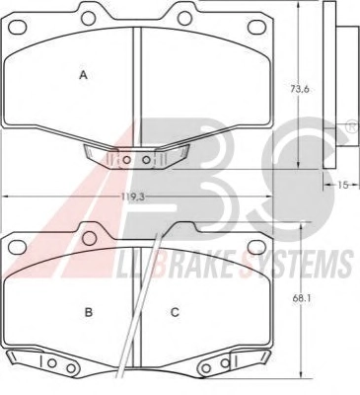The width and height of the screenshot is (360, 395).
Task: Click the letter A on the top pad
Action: click(84, 75)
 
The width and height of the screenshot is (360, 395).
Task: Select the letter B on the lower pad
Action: click(89, 312)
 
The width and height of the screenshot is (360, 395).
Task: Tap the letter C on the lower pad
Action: click(175, 312)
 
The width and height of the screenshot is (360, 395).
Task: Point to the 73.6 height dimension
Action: click(300, 89)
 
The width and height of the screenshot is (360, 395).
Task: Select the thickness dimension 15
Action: click(342, 185)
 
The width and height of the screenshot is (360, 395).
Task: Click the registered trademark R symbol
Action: click(353, 127)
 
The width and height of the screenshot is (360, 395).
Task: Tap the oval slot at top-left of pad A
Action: click(18, 27)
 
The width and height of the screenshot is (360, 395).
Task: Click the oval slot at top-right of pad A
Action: click(257, 27)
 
